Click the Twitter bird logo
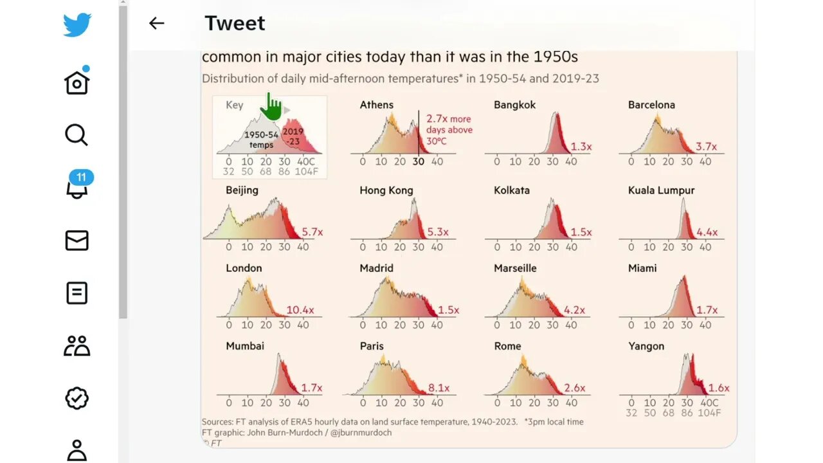pos(77,25)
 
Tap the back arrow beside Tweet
pos(156,23)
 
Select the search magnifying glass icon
pos(76,135)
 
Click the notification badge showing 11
pos(81,177)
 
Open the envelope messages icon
pos(77,241)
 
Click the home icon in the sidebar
pos(77,82)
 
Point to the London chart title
pos(244,268)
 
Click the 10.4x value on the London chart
pos(300,310)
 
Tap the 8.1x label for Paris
pos(439,388)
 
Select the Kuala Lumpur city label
pos(661,190)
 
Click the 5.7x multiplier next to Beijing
pos(312,232)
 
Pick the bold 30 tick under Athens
pos(418,161)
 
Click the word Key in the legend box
pos(234,105)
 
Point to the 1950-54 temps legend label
pos(261,140)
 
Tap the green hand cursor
pos(272,107)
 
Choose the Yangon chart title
pos(646,346)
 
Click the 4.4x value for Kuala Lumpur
pos(707,232)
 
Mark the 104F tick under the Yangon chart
pos(709,413)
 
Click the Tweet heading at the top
pos(235,23)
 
